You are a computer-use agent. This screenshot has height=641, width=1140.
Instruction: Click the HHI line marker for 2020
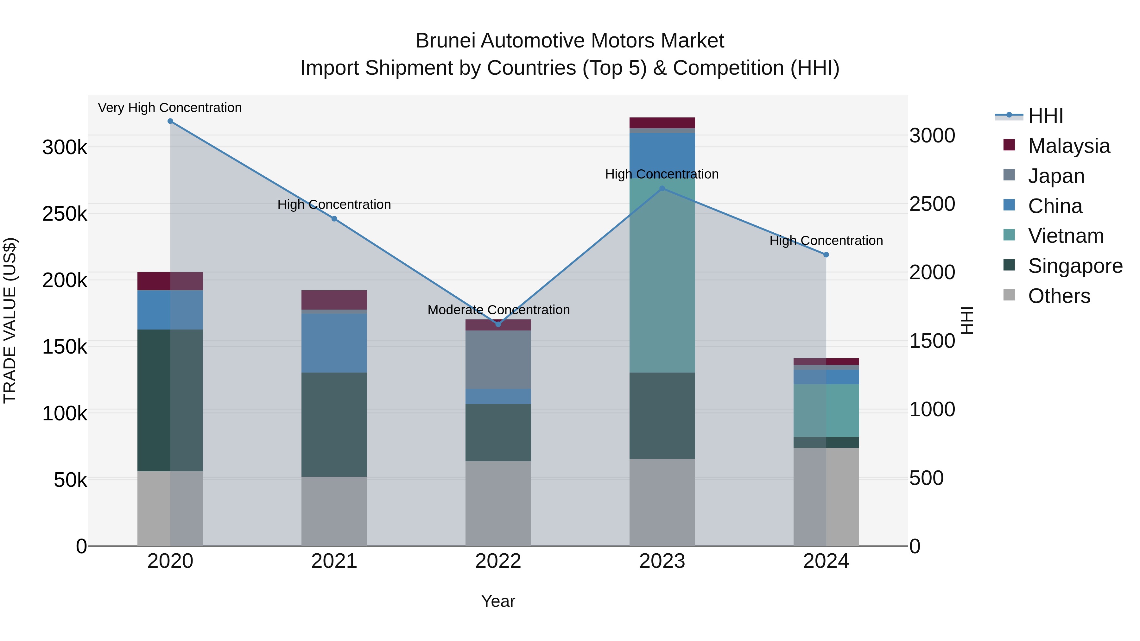(x=170, y=121)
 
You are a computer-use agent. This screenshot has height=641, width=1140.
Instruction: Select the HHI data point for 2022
(x=498, y=324)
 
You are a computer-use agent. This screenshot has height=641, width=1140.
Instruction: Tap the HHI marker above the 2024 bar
(x=826, y=255)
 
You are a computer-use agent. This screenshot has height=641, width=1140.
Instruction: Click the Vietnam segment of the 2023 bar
(x=662, y=274)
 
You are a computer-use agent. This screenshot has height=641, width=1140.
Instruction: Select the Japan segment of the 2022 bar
(x=498, y=359)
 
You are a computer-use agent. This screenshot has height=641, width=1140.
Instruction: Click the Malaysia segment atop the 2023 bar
(x=662, y=123)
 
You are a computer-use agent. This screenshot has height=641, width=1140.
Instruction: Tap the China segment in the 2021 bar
(x=334, y=343)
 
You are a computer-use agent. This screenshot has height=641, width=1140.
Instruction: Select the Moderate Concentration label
(x=498, y=310)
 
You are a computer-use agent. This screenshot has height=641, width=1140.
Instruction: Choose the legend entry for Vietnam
(x=1066, y=236)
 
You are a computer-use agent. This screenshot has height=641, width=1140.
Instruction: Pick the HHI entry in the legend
(x=1045, y=116)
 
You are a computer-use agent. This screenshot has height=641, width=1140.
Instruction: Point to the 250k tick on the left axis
(x=65, y=214)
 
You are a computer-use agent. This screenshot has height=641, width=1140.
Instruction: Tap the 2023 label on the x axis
(x=662, y=561)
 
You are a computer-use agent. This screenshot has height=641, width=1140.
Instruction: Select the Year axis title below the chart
(x=498, y=601)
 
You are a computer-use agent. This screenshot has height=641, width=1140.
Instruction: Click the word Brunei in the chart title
(x=445, y=41)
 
